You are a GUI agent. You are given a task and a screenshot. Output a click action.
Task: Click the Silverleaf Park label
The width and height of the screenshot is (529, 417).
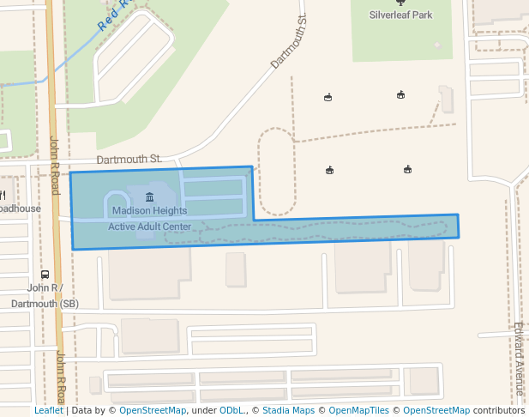tap(400, 15)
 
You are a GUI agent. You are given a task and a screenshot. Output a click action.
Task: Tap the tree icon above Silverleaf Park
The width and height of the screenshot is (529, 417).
tap(400, 3)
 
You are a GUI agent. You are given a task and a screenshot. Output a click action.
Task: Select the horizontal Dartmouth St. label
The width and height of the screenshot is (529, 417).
tap(129, 159)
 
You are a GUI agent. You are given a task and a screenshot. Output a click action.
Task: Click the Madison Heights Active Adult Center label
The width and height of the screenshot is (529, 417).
tap(149, 218)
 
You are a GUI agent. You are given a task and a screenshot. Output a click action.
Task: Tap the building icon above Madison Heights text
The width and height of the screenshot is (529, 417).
tap(149, 198)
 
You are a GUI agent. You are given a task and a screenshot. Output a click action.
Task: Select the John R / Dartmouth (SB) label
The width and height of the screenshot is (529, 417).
tap(45, 296)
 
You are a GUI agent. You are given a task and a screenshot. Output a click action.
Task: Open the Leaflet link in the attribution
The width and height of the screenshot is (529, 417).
tap(48, 411)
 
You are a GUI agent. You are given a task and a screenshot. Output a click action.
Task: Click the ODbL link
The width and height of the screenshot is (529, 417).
tap(231, 411)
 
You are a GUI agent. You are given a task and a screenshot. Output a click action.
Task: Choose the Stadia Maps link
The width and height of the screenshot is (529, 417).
tap(288, 411)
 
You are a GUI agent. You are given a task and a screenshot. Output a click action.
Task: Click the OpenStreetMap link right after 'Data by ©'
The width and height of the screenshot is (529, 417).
tap(152, 411)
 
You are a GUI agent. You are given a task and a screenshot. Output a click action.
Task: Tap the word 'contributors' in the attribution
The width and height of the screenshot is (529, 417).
tap(499, 411)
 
